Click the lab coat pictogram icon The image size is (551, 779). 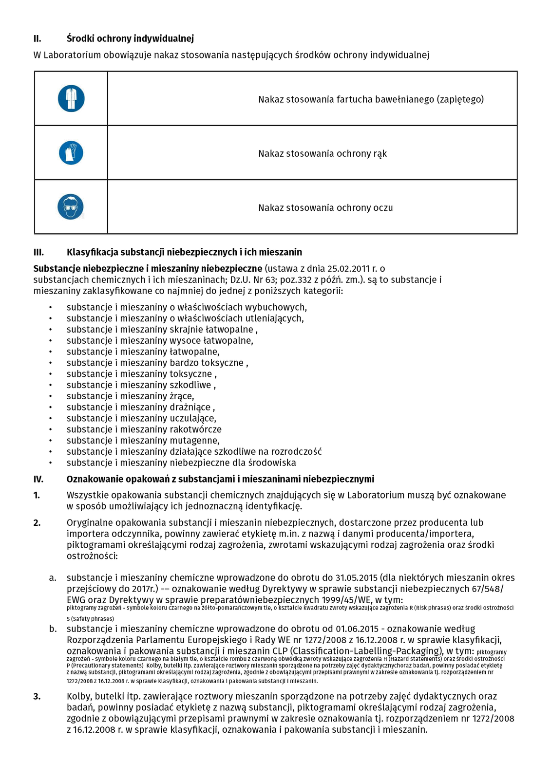click(x=71, y=98)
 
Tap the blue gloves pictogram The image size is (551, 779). click(x=71, y=153)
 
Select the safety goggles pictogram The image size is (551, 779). click(x=71, y=207)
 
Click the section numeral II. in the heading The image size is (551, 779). click(x=38, y=38)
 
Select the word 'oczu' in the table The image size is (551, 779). click(x=383, y=208)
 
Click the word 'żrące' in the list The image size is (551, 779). click(x=181, y=396)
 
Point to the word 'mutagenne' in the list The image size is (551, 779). click(x=194, y=441)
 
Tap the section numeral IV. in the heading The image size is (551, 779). click(x=38, y=479)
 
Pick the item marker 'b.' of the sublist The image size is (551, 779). click(x=53, y=629)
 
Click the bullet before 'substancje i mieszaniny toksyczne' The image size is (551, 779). click(x=50, y=374)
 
